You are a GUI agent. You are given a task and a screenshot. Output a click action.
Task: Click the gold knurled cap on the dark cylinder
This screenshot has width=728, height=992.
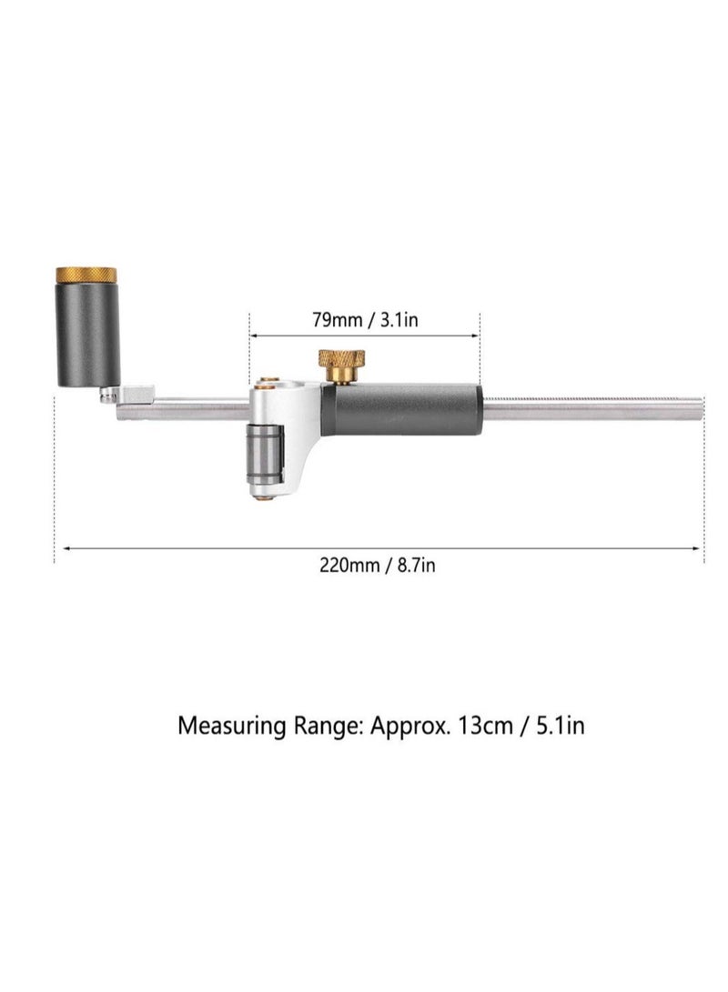[86, 275]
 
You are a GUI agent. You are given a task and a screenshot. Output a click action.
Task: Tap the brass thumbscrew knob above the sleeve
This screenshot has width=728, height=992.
[341, 365]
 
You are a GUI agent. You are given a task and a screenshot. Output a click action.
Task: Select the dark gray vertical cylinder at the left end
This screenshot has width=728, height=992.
[88, 334]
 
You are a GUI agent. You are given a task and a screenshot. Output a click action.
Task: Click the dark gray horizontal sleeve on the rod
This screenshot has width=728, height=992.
[401, 408]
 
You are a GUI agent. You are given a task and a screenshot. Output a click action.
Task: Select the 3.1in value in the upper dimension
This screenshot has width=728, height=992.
[399, 319]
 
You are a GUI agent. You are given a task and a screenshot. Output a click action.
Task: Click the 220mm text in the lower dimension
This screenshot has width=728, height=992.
[349, 565]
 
